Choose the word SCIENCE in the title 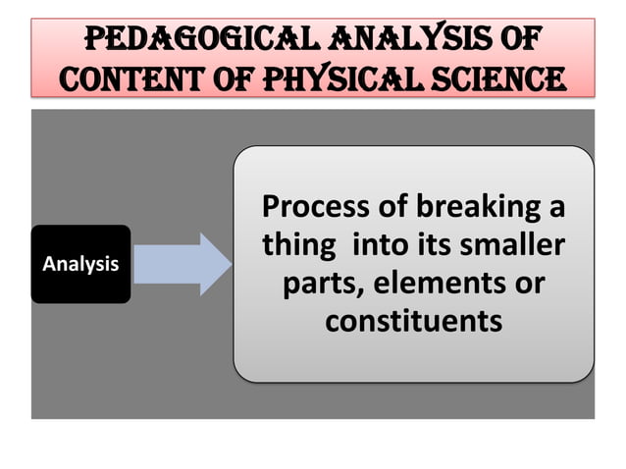[x=494, y=78]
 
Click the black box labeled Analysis [x=80, y=264]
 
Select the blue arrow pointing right [x=182, y=264]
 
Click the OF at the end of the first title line [x=517, y=40]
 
